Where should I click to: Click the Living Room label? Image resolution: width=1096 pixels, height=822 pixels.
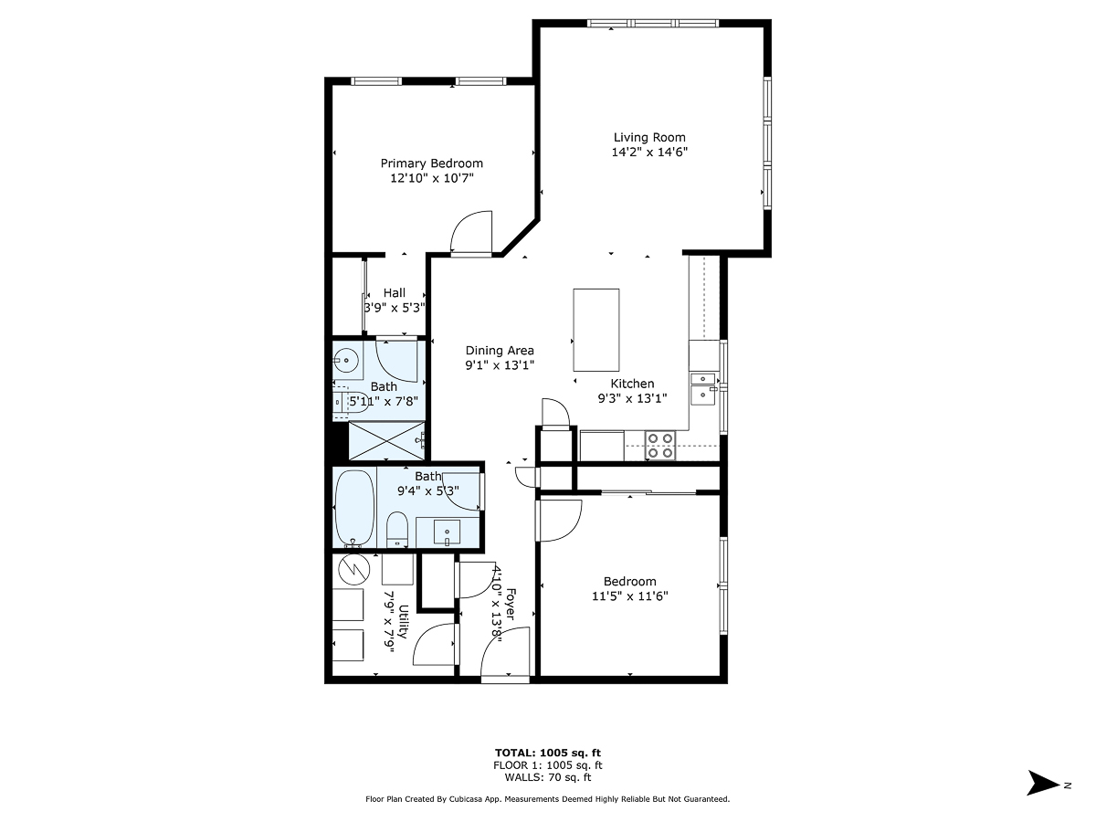(648, 138)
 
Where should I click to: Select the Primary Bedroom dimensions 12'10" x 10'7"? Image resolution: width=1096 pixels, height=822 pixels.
(431, 179)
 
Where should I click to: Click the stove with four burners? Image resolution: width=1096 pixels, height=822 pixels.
(660, 445)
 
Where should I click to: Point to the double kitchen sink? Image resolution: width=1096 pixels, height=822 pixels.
(703, 387)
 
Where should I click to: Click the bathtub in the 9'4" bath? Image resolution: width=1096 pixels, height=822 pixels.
(354, 507)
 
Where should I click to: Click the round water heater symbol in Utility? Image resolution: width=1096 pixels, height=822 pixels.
(353, 570)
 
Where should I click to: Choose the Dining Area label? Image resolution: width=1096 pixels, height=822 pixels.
(500, 351)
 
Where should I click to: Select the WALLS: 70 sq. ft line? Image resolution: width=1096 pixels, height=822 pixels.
(547, 778)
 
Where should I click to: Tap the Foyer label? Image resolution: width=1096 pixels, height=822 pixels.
(511, 605)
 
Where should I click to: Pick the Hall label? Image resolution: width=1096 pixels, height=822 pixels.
(394, 293)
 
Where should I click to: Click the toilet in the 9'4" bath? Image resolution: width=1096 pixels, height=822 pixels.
(396, 529)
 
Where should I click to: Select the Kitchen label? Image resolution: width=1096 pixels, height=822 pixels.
(632, 384)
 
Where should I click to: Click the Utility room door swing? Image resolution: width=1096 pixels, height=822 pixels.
(436, 644)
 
